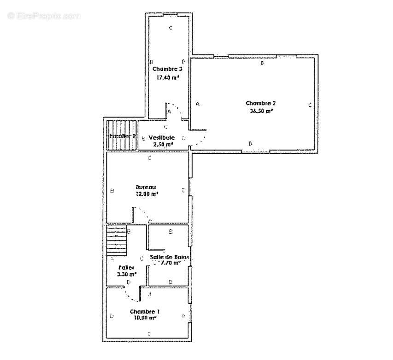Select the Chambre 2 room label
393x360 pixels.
pos(260,103)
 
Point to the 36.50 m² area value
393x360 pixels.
pos(260,111)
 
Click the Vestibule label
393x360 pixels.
pos(161,137)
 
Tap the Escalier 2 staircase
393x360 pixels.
pos(122,136)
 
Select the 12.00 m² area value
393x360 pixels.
pos(147,194)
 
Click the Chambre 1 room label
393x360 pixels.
pos(145,311)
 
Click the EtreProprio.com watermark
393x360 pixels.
pos(44,16)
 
